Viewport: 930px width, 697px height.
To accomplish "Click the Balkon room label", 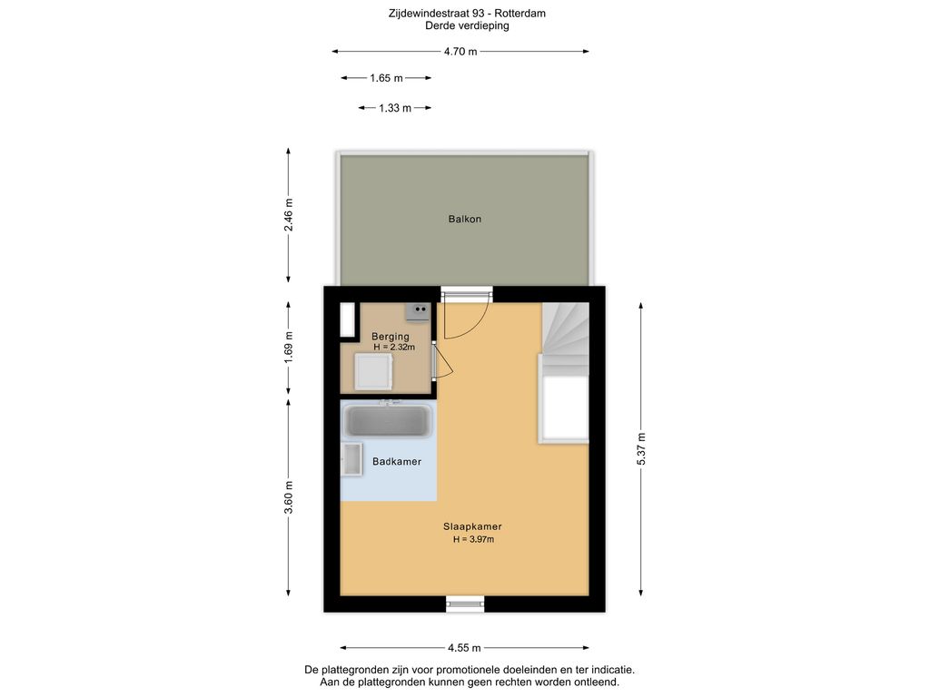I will click(464, 219).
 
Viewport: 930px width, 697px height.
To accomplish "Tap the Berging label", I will click(391, 337).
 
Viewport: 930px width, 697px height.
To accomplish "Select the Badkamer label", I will click(397, 462).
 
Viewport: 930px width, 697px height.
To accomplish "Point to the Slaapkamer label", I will click(472, 526).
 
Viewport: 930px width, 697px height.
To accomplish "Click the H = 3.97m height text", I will click(473, 540).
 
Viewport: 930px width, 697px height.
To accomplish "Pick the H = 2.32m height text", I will click(394, 348).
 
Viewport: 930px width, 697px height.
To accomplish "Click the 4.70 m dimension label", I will click(460, 52).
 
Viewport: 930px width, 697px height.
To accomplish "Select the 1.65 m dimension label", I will click(386, 78).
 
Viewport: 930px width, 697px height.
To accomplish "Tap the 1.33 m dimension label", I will click(394, 108).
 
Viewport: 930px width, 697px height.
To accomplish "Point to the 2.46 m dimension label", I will click(289, 214).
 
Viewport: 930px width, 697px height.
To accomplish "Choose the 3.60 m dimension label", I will click(289, 497).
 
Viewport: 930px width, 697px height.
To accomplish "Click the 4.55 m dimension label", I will click(464, 648).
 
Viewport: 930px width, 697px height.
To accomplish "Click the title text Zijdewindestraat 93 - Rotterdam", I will click(467, 14).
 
